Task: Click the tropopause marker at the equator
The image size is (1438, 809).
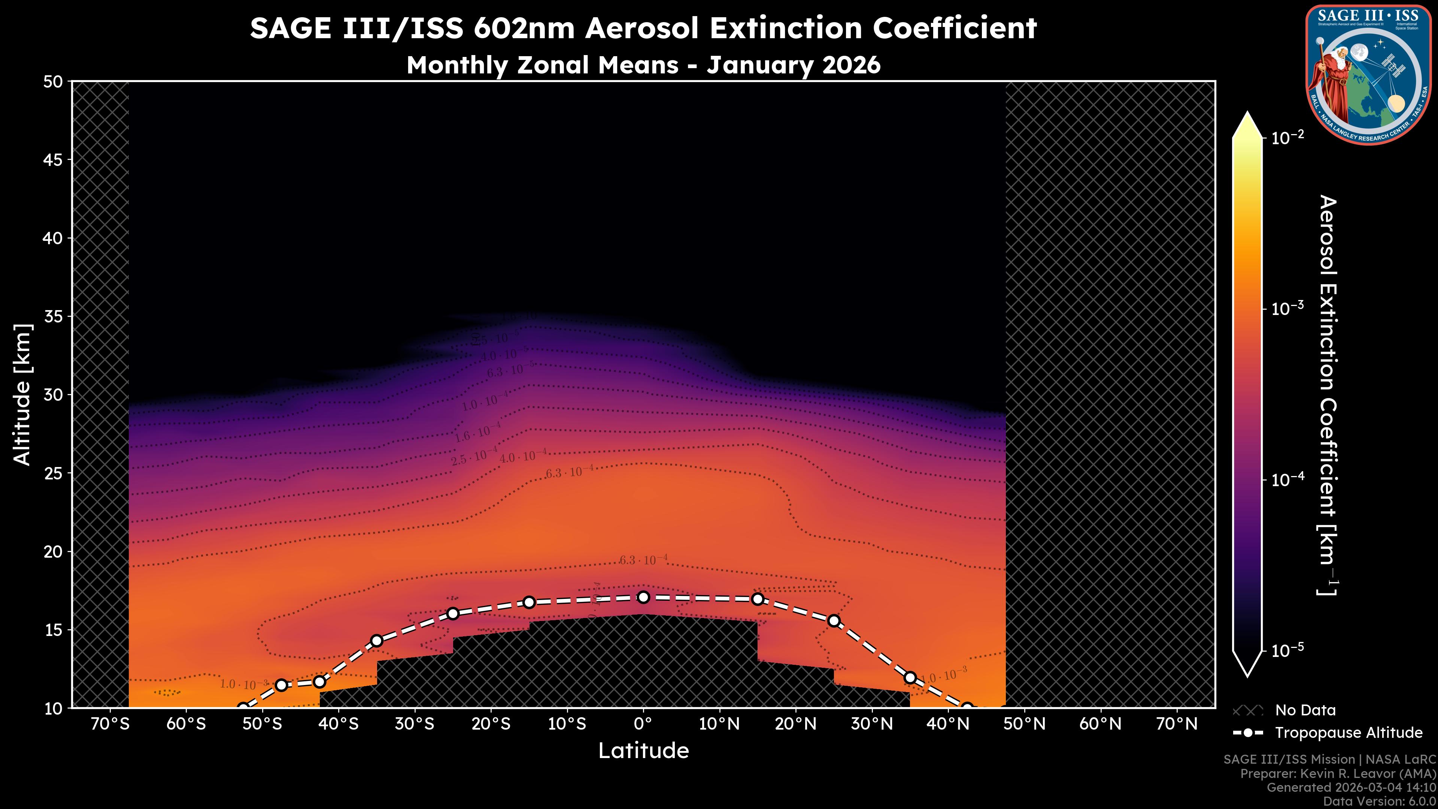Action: pos(643,597)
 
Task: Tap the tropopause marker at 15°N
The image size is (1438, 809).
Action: pos(758,599)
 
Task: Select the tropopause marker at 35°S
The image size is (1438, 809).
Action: pos(377,640)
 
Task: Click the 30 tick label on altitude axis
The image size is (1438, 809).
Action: pos(53,395)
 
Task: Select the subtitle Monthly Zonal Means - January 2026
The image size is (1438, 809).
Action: pos(643,65)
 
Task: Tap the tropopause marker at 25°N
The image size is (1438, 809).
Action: pos(834,621)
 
